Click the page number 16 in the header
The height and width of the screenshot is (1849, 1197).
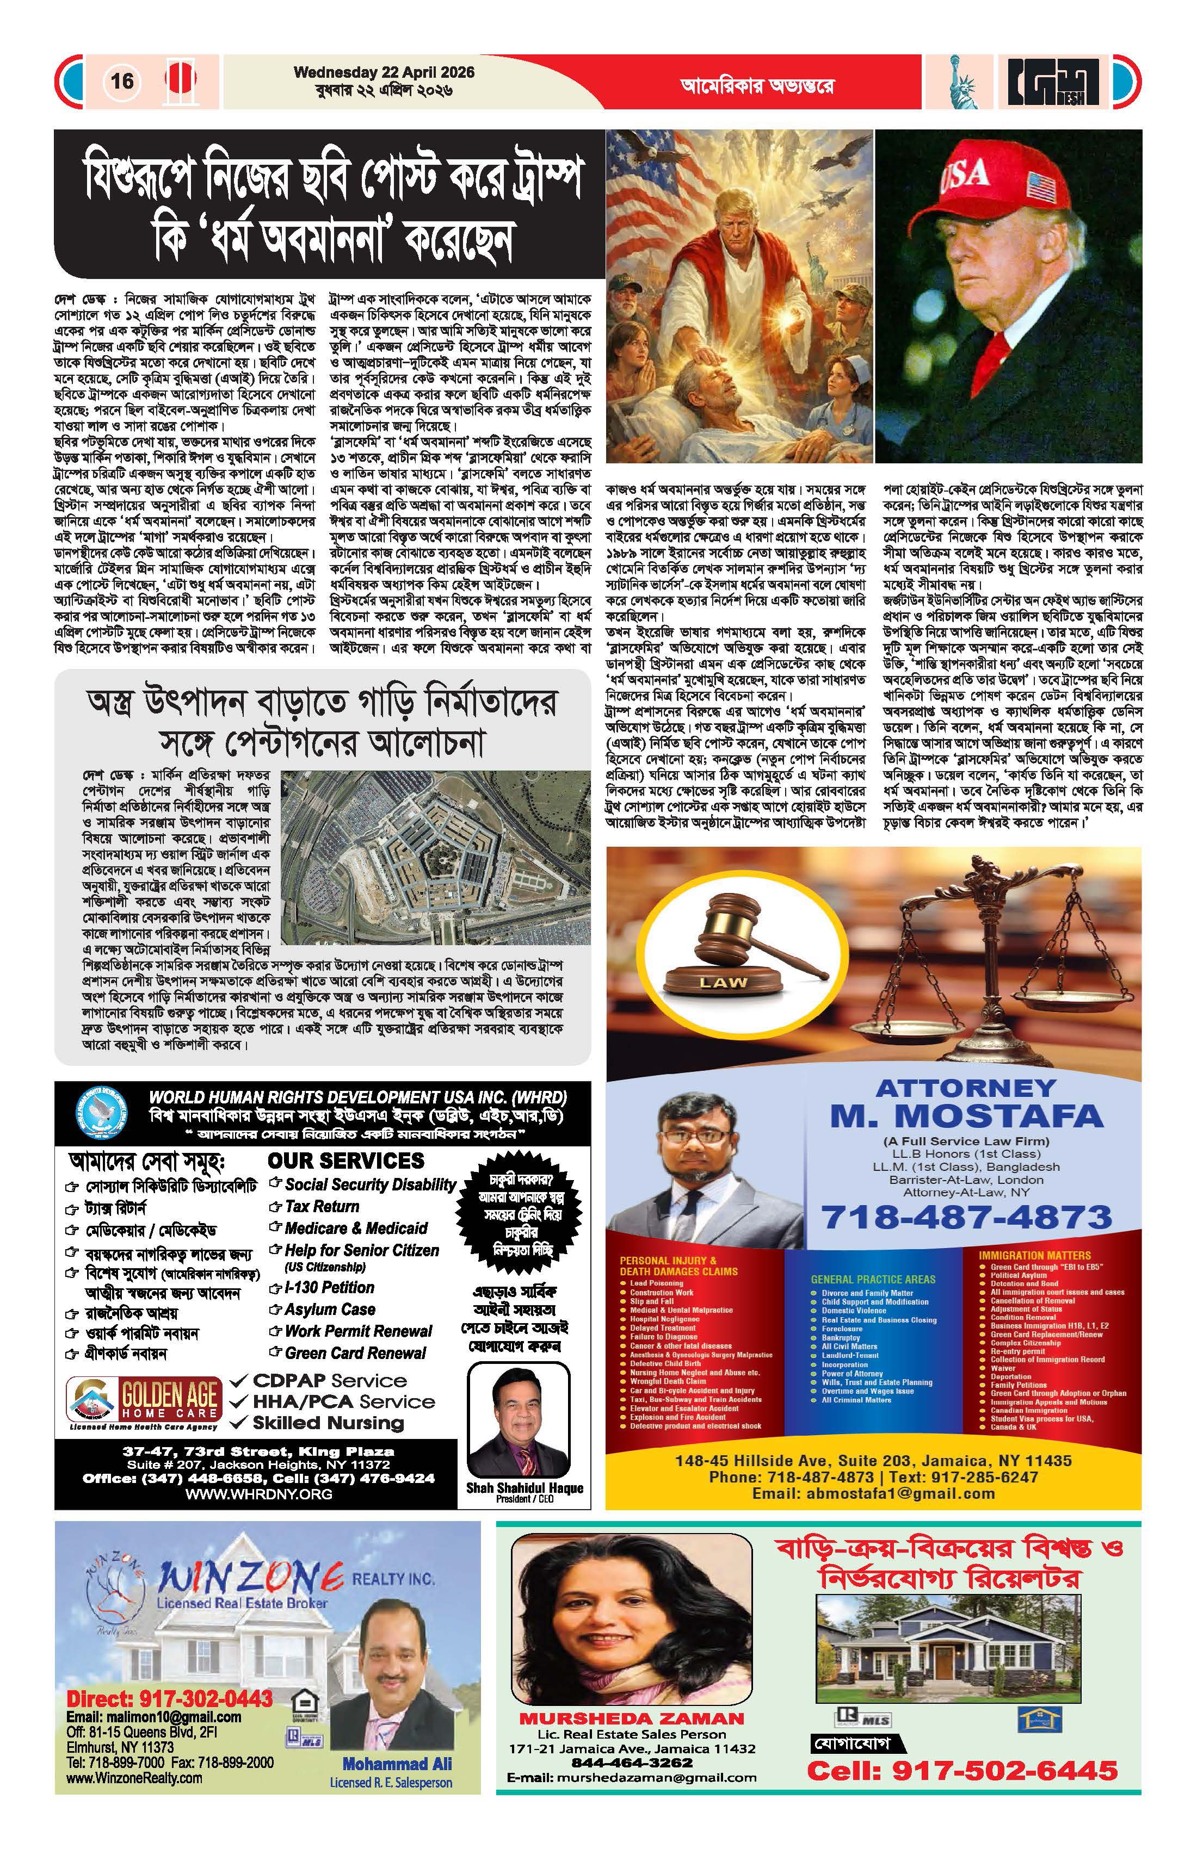point(122,81)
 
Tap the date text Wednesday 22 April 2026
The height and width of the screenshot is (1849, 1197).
point(384,72)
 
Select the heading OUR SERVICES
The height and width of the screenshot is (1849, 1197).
point(346,1161)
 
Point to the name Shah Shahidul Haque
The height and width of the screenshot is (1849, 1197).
point(525,1488)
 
